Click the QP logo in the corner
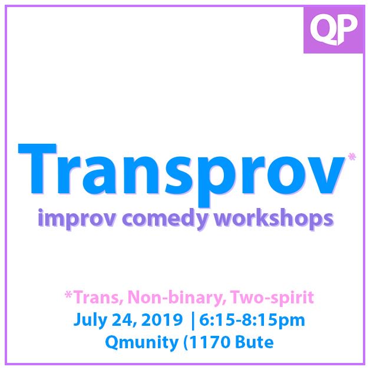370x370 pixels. (x=333, y=27)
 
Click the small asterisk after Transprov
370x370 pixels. (x=352, y=156)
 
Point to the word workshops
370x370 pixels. (x=274, y=219)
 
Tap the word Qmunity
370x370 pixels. (x=136, y=342)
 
